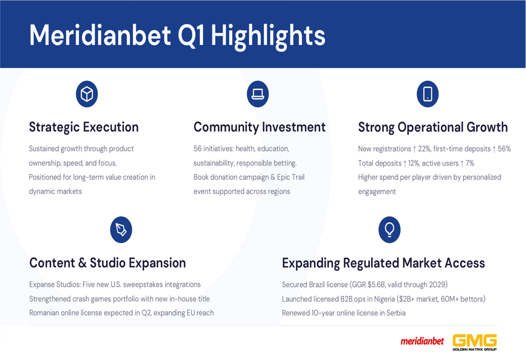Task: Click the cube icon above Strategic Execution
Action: (87, 94)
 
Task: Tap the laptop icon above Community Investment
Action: (258, 94)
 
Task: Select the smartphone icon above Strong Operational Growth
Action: (428, 94)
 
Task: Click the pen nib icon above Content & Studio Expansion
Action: (121, 230)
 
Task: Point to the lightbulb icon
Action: (389, 230)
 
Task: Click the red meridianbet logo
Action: (422, 341)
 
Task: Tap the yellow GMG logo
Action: (474, 342)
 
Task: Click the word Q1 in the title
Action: (191, 35)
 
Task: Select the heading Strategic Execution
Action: (84, 127)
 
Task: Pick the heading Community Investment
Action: (259, 127)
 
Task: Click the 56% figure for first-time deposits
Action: (504, 149)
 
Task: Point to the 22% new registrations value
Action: (424, 149)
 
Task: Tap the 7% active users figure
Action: (470, 163)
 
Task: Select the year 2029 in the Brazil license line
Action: (437, 284)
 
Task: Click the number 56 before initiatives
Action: (198, 149)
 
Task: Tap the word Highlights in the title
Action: (268, 36)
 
